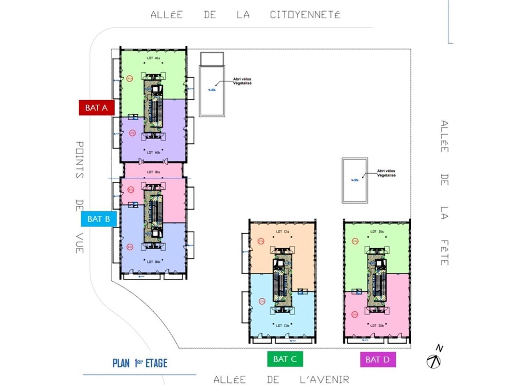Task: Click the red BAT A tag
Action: (96, 107)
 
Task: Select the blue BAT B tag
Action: (99, 219)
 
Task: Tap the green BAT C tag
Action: (285, 359)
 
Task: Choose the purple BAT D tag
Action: (378, 359)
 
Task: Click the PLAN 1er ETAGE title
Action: (140, 363)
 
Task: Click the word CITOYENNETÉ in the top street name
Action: (305, 15)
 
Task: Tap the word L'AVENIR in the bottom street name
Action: (324, 379)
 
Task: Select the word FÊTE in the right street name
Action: (444, 253)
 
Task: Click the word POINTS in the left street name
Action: (79, 160)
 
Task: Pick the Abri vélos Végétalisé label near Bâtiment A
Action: (242, 81)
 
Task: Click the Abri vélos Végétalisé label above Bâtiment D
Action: (386, 173)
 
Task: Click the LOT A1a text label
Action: (153, 58)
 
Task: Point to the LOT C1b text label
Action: (282, 326)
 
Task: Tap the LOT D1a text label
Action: (377, 231)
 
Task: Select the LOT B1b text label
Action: (153, 262)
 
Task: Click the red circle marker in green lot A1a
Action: (129, 79)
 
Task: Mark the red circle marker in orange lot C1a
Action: (261, 241)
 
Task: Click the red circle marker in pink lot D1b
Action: (355, 314)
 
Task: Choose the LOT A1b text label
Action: (153, 152)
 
